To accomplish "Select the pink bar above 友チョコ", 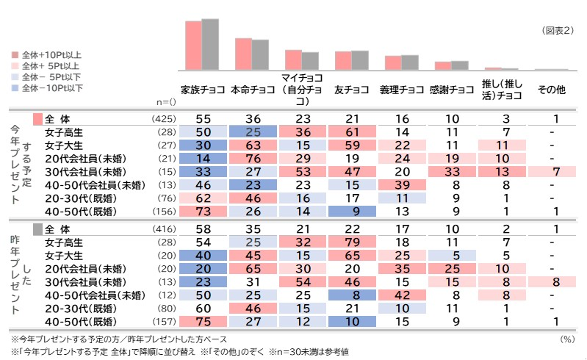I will click(343, 61).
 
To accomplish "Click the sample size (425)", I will click(164, 119).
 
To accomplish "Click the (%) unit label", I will click(566, 339).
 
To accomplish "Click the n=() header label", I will click(167, 102).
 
